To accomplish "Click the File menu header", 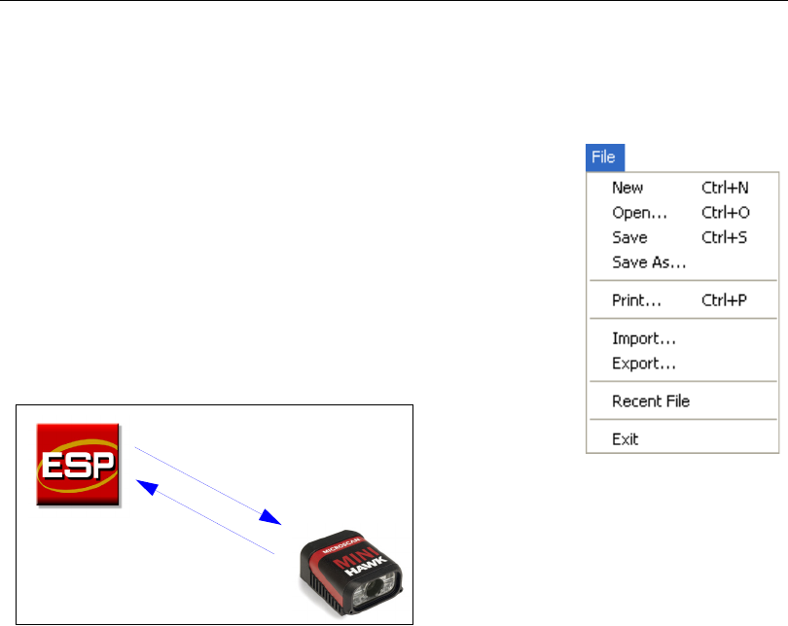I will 606,156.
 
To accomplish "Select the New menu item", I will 627,188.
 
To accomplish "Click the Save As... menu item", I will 649,261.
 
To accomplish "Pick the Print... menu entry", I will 636,300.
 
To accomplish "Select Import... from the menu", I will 644,339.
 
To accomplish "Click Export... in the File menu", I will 644,365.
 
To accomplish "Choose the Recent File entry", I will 651,400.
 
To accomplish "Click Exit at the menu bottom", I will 626,439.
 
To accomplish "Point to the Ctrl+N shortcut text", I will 725,188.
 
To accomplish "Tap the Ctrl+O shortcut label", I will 726,212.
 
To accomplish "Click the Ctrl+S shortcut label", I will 725,237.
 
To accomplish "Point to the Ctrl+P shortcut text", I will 725,300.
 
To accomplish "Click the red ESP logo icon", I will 79,464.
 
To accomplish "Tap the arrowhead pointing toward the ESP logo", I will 145,484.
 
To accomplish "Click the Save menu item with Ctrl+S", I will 629,237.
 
